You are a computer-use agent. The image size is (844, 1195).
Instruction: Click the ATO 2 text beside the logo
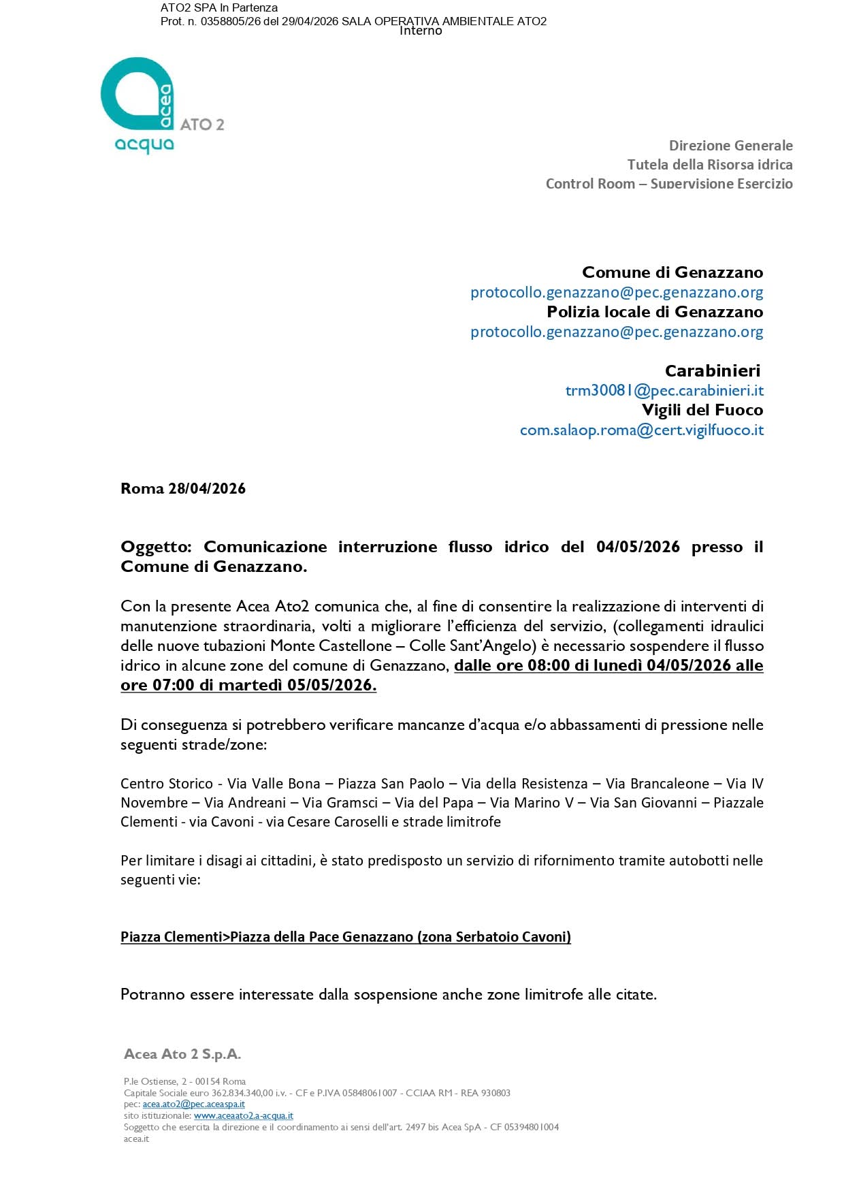click(201, 125)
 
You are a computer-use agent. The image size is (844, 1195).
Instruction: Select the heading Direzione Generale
click(730, 145)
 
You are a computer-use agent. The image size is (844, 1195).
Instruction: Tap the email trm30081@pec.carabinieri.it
click(664, 391)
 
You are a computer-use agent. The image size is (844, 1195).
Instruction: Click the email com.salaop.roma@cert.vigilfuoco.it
click(641, 430)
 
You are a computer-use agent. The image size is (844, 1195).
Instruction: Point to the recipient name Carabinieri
click(712, 371)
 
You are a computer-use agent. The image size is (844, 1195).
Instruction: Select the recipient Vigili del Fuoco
click(702, 411)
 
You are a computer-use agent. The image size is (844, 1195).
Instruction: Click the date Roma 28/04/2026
click(183, 489)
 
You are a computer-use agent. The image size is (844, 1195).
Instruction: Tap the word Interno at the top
click(421, 31)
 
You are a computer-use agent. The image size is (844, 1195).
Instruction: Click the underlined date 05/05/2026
click(331, 686)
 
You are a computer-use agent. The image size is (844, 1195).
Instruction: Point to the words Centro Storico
click(167, 784)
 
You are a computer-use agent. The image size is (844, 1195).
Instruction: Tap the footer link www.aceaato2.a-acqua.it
click(243, 1116)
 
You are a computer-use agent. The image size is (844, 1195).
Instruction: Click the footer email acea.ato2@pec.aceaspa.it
click(193, 1104)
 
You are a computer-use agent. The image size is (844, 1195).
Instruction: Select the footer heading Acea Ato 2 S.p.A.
click(182, 1054)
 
